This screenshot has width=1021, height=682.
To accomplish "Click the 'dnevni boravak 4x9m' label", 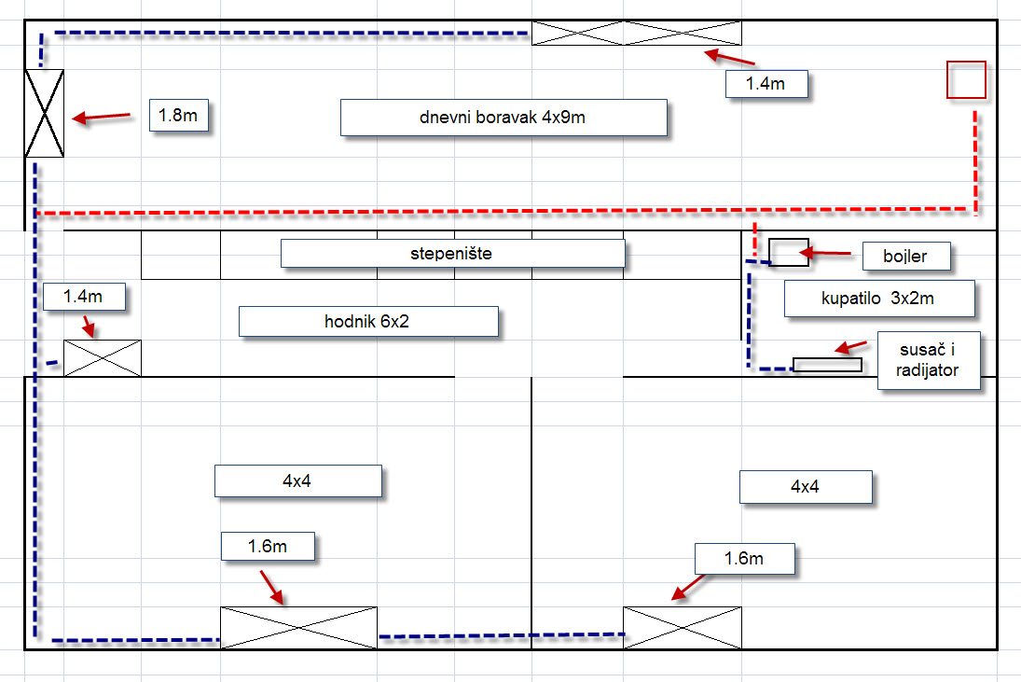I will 504,118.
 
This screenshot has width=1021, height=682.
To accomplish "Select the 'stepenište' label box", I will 452,254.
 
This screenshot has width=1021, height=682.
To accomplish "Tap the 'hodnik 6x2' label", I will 368,322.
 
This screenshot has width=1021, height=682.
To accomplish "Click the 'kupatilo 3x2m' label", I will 879,299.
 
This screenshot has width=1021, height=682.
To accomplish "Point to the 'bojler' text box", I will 906,257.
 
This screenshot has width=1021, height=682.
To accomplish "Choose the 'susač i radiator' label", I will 929,360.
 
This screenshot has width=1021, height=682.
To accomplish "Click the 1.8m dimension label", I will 177,117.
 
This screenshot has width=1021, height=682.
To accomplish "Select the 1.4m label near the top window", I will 766,84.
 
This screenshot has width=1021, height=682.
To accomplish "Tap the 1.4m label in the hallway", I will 83,298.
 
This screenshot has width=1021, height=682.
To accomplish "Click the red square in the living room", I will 966,79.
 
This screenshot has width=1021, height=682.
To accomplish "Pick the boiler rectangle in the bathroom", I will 788,252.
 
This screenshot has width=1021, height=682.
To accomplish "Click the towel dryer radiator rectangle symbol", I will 827,365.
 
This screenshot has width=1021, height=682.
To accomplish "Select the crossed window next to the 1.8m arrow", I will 44,113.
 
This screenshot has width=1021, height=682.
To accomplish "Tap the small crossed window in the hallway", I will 102,358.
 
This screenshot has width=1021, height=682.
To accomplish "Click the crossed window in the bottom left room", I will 298,627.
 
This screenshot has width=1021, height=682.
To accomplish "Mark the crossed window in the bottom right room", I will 683,627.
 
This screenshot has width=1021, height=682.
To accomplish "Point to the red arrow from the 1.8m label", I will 102,117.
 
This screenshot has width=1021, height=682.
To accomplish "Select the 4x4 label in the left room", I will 298,481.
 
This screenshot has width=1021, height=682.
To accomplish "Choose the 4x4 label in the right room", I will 806,487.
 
